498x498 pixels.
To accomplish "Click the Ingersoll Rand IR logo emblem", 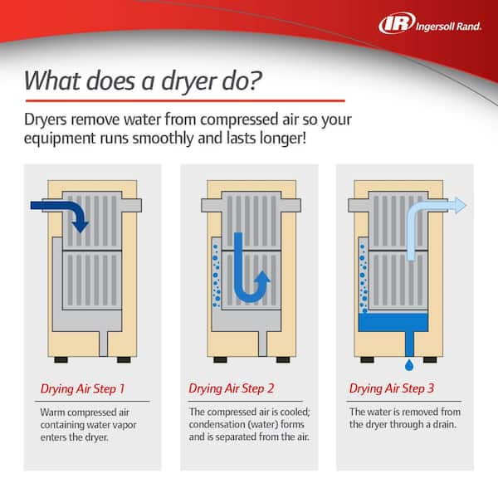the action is [x=397, y=23].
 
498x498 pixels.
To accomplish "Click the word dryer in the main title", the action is [x=188, y=81].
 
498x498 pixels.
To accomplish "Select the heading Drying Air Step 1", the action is [x=82, y=389].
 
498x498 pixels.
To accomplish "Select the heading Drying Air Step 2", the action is [x=232, y=388].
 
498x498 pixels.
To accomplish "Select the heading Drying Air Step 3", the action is [x=392, y=388].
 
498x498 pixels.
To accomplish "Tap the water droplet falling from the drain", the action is [x=409, y=365].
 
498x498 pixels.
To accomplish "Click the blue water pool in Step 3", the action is [x=393, y=323].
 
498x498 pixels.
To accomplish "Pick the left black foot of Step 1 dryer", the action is [x=61, y=359].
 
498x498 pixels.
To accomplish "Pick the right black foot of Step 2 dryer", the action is [x=283, y=359].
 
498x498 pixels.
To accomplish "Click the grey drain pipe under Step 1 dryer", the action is [x=104, y=344].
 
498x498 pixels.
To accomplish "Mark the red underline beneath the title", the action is [x=185, y=101].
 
